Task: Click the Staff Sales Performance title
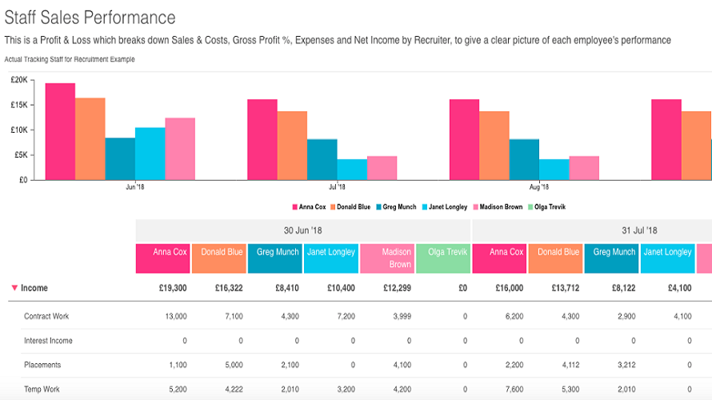(x=90, y=17)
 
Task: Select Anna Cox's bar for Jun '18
(x=60, y=131)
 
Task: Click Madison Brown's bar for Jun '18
(x=180, y=149)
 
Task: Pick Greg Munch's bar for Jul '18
(x=322, y=159)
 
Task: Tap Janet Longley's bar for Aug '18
(x=554, y=169)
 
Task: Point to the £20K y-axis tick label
(x=19, y=80)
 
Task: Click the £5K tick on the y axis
(x=21, y=154)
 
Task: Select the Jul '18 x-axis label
(x=336, y=187)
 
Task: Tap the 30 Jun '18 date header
(x=303, y=230)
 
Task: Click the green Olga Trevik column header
(x=443, y=258)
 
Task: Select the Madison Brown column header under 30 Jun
(x=387, y=258)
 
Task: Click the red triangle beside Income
(x=14, y=287)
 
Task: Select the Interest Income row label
(x=48, y=341)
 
